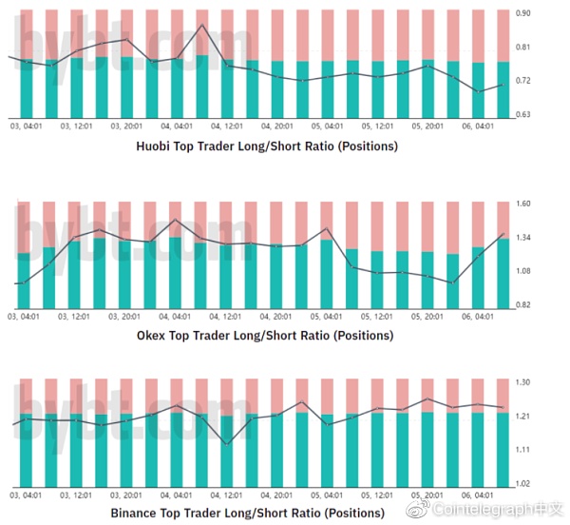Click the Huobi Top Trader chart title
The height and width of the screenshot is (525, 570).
tap(267, 146)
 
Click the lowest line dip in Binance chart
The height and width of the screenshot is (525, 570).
tap(226, 444)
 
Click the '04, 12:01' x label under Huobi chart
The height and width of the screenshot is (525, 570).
tap(229, 125)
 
